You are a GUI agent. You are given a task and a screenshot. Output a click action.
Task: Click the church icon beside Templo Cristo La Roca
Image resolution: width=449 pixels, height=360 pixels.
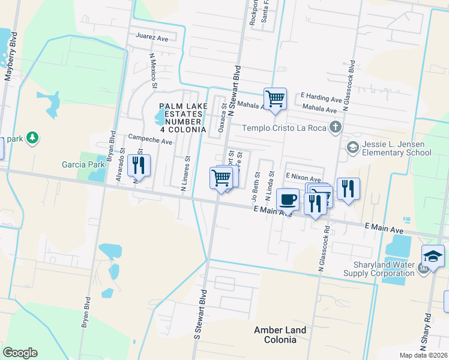tap(336, 127)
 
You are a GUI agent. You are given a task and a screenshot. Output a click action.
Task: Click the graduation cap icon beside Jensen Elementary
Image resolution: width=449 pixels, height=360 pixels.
tap(352, 147)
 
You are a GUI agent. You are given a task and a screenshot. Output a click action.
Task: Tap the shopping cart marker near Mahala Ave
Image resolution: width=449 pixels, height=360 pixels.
tap(275, 98)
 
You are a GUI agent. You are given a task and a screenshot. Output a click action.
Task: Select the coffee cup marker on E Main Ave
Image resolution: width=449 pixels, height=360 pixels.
tap(288, 199)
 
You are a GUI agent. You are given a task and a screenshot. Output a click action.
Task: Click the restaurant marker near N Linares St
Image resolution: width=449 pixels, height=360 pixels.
tap(139, 165)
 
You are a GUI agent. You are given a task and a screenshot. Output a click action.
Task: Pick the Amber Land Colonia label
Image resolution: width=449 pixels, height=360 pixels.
tap(280, 335)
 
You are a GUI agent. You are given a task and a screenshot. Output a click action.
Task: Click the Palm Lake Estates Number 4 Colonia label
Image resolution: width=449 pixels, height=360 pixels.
tap(183, 118)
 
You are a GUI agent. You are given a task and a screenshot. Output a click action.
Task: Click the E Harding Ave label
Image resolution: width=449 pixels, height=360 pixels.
tap(321, 97)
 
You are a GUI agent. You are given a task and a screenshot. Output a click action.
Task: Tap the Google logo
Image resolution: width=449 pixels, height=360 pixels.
tap(20, 353)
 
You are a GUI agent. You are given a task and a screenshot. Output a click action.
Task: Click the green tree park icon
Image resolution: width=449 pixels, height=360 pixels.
tap(32, 138)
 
